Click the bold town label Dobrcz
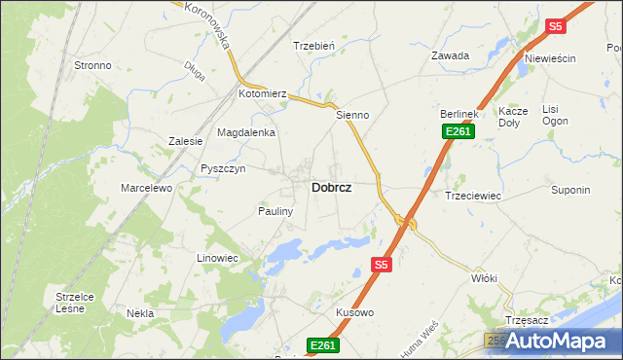click(x=331, y=188)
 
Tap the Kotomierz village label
click(x=263, y=94)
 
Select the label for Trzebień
click(x=314, y=46)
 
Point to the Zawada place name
click(x=451, y=55)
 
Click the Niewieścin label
click(x=550, y=58)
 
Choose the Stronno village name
click(x=92, y=65)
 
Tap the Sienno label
click(x=352, y=115)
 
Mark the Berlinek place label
click(x=455, y=114)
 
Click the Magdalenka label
click(x=246, y=132)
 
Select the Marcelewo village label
click(x=146, y=187)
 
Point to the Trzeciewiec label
click(x=472, y=196)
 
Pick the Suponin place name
click(x=570, y=190)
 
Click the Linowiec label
click(x=218, y=257)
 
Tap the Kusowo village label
click(x=354, y=312)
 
